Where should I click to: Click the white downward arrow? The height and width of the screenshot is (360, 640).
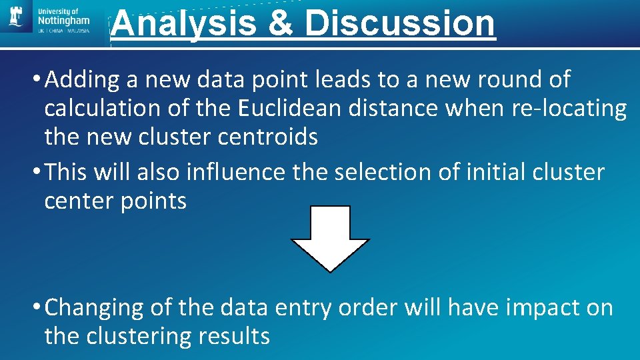330,238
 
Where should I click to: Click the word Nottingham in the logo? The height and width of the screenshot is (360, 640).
63,21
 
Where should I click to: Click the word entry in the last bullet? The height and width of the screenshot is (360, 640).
301,307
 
